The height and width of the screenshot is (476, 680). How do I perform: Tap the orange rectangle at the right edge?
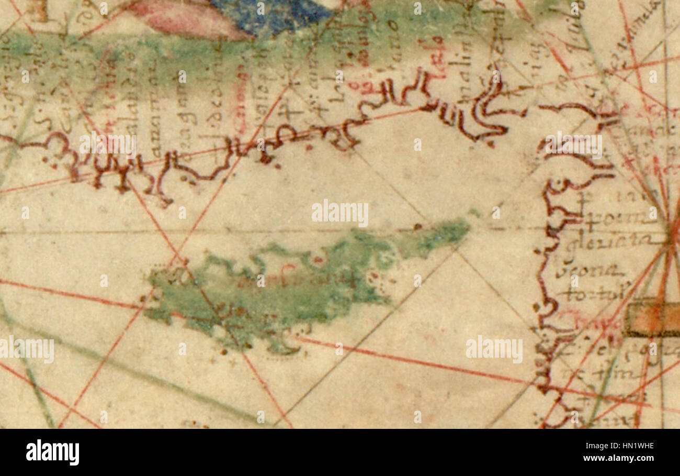651,317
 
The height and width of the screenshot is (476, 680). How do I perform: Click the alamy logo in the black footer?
52,452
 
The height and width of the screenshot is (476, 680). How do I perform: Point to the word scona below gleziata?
588,271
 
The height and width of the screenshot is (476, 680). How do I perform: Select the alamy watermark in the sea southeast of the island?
494,349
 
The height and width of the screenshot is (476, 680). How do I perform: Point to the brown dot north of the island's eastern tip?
417,227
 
